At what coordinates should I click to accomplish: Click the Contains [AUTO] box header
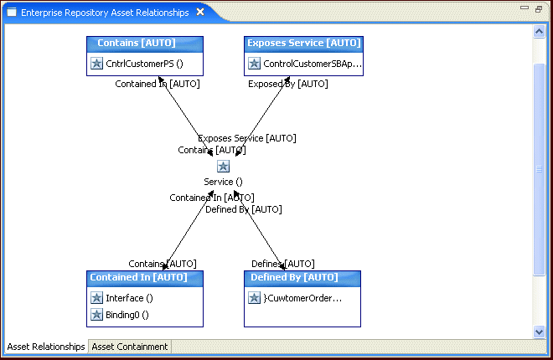pyautogui.click(x=144, y=44)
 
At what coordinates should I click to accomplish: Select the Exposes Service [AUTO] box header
pyautogui.click(x=303, y=44)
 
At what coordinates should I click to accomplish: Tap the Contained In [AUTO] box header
pyautogui.click(x=144, y=278)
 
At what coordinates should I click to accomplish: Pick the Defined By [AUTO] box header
pyautogui.click(x=302, y=278)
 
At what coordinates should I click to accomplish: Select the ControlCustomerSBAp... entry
pyautogui.click(x=312, y=64)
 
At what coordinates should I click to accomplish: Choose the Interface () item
pyautogui.click(x=129, y=298)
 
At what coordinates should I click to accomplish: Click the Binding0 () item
pyautogui.click(x=127, y=315)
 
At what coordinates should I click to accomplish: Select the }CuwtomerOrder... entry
pyautogui.click(x=302, y=298)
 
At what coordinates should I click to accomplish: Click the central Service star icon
pyautogui.click(x=223, y=167)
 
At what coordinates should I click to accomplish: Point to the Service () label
pyautogui.click(x=223, y=182)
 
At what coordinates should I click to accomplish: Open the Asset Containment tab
pyautogui.click(x=130, y=347)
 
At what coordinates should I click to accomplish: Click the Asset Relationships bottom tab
pyautogui.click(x=46, y=347)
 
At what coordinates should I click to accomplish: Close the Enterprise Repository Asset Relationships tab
pyautogui.click(x=199, y=13)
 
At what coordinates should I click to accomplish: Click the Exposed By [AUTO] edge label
pyautogui.click(x=287, y=84)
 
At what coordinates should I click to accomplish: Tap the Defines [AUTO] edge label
pyautogui.click(x=283, y=264)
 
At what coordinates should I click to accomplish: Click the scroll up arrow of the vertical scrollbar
pyautogui.click(x=540, y=32)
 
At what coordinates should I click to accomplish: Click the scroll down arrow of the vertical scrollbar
pyautogui.click(x=540, y=332)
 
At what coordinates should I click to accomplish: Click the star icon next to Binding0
pyautogui.click(x=96, y=315)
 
